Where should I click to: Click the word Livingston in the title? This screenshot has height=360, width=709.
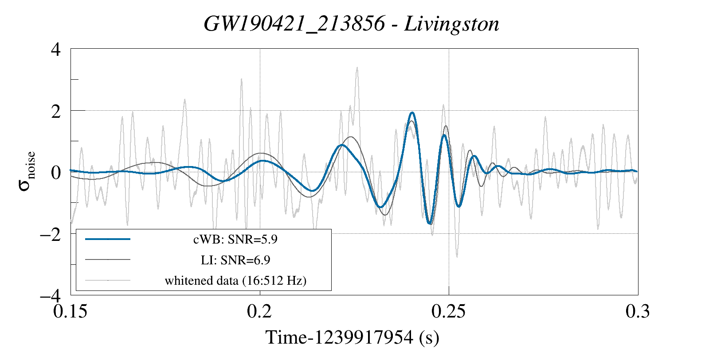[451, 24]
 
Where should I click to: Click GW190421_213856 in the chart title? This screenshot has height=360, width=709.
[294, 24]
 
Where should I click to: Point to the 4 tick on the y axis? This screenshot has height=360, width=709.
[56, 49]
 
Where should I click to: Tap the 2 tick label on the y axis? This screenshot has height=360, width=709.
[56, 111]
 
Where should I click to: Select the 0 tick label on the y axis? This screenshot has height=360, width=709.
[56, 172]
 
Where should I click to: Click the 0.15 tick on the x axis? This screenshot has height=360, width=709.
[71, 311]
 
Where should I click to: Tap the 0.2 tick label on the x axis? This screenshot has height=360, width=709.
[260, 311]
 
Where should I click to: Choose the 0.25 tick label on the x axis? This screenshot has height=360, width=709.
[449, 311]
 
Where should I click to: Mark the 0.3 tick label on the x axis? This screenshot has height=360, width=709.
[638, 311]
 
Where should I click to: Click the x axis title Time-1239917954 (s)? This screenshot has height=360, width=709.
[352, 337]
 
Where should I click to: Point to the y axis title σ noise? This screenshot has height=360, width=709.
[27, 171]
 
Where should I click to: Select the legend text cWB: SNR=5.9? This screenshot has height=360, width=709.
[235, 240]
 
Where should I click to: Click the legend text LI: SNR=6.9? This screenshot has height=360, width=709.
[235, 260]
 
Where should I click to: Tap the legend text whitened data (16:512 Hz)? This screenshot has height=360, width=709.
[235, 280]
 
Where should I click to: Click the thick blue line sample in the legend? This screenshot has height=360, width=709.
[108, 239]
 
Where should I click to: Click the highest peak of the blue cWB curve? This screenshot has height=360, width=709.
[412, 113]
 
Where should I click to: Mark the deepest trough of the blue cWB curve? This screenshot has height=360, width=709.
[429, 224]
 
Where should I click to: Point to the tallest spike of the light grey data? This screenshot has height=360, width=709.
[357, 68]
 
